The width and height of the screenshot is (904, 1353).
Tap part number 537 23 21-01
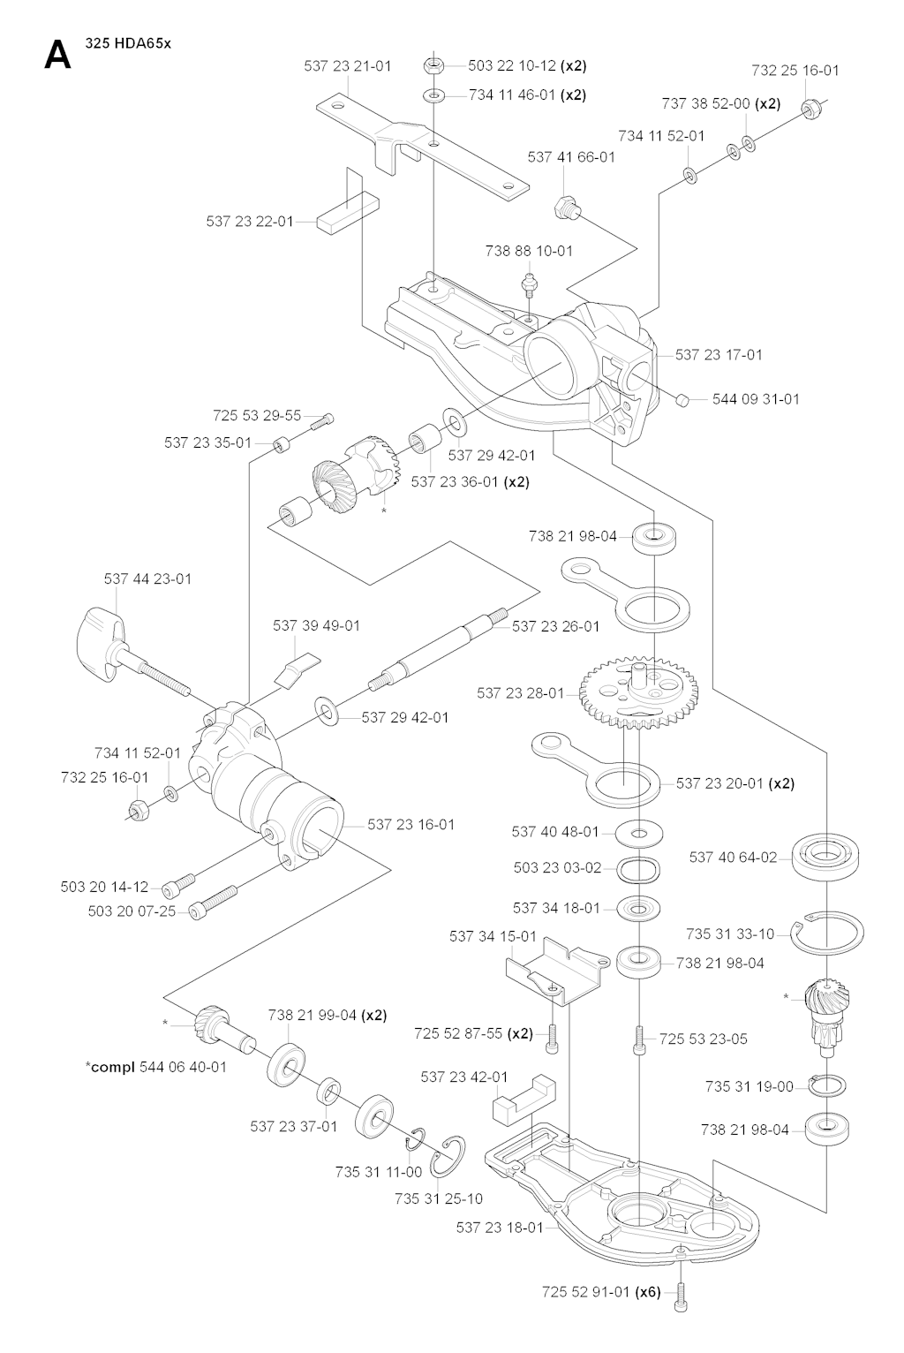[x=348, y=65]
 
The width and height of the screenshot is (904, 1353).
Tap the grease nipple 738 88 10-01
[x=528, y=283]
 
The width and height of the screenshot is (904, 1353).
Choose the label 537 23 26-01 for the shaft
[x=555, y=626]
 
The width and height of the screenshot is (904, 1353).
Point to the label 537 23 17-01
[x=718, y=354]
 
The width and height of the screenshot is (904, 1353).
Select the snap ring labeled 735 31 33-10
[x=826, y=933]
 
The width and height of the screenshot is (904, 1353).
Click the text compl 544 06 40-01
[x=156, y=1066]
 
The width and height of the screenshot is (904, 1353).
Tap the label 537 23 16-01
[x=411, y=824]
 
